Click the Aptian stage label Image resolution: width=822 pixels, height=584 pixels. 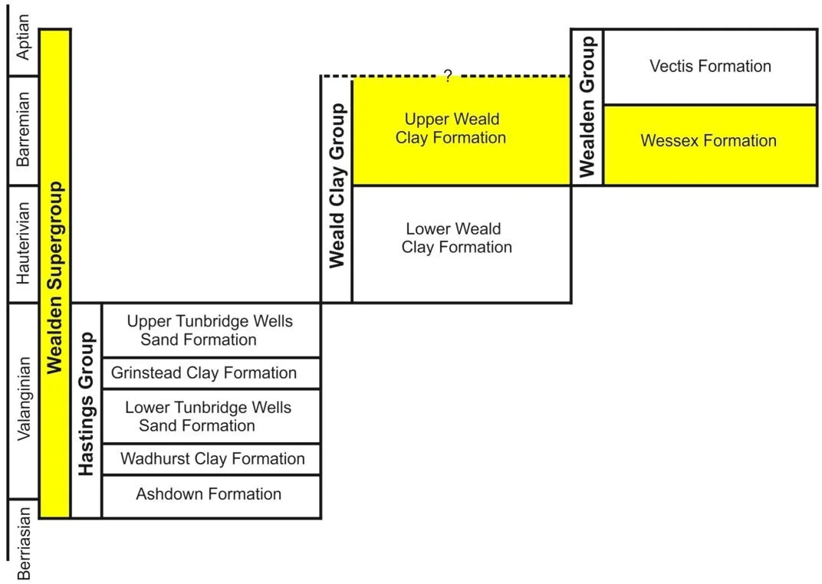tap(24, 38)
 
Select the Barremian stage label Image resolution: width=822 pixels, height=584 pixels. tap(24, 130)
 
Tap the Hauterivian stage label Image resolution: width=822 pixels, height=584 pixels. tap(24, 243)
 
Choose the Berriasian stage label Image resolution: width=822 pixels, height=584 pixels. tap(24, 542)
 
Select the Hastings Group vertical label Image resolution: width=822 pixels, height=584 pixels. tap(87, 405)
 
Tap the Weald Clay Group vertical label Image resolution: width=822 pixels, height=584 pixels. tap(337, 185)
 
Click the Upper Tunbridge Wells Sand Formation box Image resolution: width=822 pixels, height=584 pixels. tap(210, 330)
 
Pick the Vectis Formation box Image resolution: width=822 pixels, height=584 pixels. tap(710, 67)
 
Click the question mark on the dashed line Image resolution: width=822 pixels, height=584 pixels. tap(448, 75)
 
